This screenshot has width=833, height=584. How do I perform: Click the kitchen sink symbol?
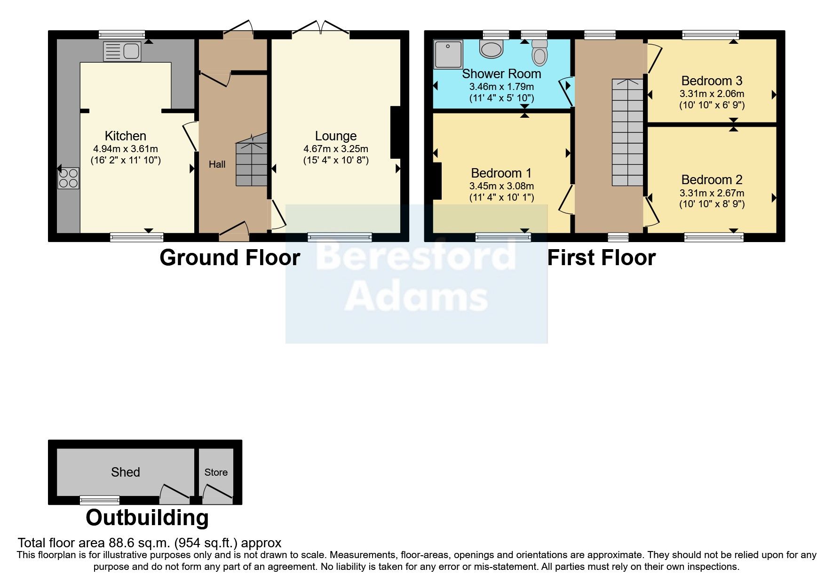122,51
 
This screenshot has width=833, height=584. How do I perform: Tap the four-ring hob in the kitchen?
68,178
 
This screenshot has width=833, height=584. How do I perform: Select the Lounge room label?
335,136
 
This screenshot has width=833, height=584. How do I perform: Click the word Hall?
217,164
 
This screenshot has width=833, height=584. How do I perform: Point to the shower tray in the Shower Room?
448,54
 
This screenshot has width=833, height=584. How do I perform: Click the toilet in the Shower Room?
540,53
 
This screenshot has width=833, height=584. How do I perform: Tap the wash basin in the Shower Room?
492,49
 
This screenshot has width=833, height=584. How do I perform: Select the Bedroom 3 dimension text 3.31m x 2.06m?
712,94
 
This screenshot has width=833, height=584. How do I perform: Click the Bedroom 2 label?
712,180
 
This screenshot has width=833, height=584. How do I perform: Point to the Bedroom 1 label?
501,173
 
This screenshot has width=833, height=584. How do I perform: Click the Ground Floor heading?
230,258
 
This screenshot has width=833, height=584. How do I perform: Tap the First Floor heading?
601,258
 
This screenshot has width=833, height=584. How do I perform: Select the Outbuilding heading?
147,518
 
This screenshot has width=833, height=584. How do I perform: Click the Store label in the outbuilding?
216,472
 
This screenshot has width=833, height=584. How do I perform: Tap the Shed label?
125,472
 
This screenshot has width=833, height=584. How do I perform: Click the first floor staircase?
627,132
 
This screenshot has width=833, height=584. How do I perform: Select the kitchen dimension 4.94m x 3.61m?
126,149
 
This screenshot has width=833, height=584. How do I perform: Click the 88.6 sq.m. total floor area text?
150,543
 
